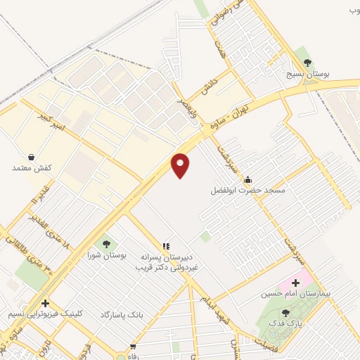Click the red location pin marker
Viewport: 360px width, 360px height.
181,165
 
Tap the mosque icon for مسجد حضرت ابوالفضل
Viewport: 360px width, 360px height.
247,179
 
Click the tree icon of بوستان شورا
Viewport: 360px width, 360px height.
106,244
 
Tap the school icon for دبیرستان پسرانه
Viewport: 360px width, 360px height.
166,246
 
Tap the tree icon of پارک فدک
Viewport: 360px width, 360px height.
285,313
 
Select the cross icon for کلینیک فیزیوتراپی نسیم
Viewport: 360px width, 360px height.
45,303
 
